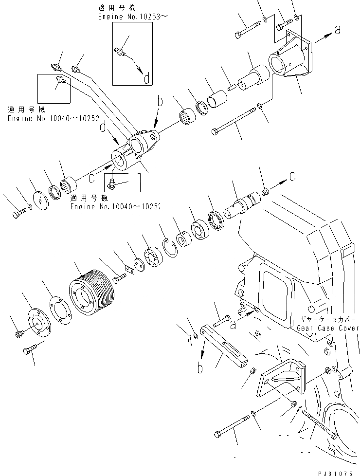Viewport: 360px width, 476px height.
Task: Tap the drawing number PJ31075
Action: click(337, 470)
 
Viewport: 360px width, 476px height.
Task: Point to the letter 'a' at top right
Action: click(337, 31)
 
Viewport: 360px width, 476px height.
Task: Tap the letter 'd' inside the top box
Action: click(146, 77)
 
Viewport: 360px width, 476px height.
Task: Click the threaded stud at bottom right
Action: click(319, 421)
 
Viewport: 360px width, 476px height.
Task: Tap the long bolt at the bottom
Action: click(231, 426)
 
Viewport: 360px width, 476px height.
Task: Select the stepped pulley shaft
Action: click(245, 204)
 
